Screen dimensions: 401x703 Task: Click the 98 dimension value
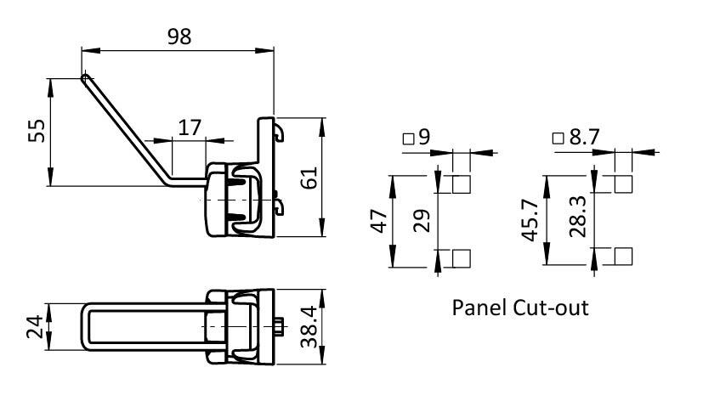(x=179, y=37)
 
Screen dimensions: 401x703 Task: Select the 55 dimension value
(x=36, y=131)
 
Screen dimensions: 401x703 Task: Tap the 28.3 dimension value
(x=575, y=220)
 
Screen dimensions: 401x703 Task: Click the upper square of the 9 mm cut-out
(x=462, y=184)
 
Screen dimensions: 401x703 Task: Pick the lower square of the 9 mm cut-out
(x=462, y=257)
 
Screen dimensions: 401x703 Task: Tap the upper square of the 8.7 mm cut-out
(x=623, y=184)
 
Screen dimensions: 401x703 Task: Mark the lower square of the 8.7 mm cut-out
(x=623, y=257)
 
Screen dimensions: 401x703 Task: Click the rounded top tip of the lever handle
(x=85, y=78)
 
